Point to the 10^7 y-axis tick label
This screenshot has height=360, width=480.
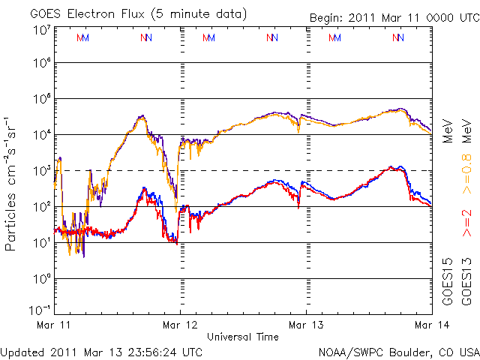(x=40, y=29)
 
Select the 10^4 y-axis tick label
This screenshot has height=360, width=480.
(x=40, y=135)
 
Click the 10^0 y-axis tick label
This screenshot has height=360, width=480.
(x=40, y=279)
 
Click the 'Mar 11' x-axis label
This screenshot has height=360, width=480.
(x=54, y=325)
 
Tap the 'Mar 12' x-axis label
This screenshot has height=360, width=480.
(x=180, y=325)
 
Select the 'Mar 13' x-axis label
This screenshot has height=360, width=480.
(x=306, y=325)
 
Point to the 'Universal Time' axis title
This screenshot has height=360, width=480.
(x=243, y=337)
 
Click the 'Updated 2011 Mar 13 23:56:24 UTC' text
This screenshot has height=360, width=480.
(x=101, y=351)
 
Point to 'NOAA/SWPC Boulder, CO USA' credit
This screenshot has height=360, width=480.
(x=398, y=351)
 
